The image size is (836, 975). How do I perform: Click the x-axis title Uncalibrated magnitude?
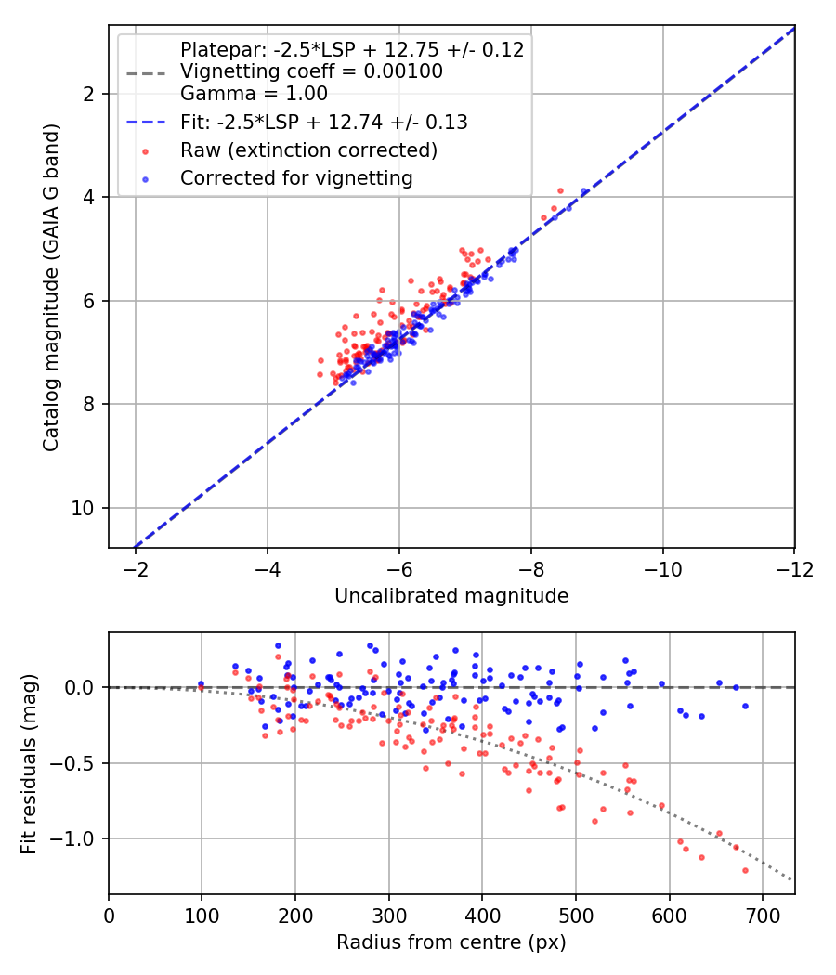[x=451, y=596]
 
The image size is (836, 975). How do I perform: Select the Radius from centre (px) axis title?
[x=451, y=942]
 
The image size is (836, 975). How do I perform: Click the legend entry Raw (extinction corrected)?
[x=309, y=149]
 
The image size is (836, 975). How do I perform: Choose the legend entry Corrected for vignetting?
[x=296, y=176]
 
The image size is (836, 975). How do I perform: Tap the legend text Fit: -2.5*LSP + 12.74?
[x=323, y=122]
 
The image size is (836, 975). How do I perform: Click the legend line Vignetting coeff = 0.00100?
[x=311, y=71]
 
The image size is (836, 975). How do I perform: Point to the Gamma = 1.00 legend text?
[x=254, y=93]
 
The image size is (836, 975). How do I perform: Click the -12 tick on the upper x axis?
[x=794, y=567]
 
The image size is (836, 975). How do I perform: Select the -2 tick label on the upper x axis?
[x=136, y=567]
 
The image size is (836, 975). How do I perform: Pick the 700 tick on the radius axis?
[x=762, y=915]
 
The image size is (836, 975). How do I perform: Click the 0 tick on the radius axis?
[x=109, y=915]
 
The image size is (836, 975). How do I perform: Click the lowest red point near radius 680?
[x=745, y=870]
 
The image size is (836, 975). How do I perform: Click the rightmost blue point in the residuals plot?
[x=745, y=706]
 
